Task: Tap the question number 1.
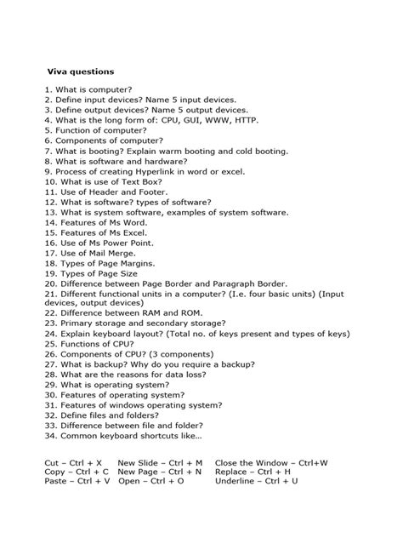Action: coord(47,89)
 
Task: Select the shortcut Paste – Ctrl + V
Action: coord(77,481)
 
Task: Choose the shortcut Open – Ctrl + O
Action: coord(150,481)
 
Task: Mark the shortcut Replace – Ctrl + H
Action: coord(253,471)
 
